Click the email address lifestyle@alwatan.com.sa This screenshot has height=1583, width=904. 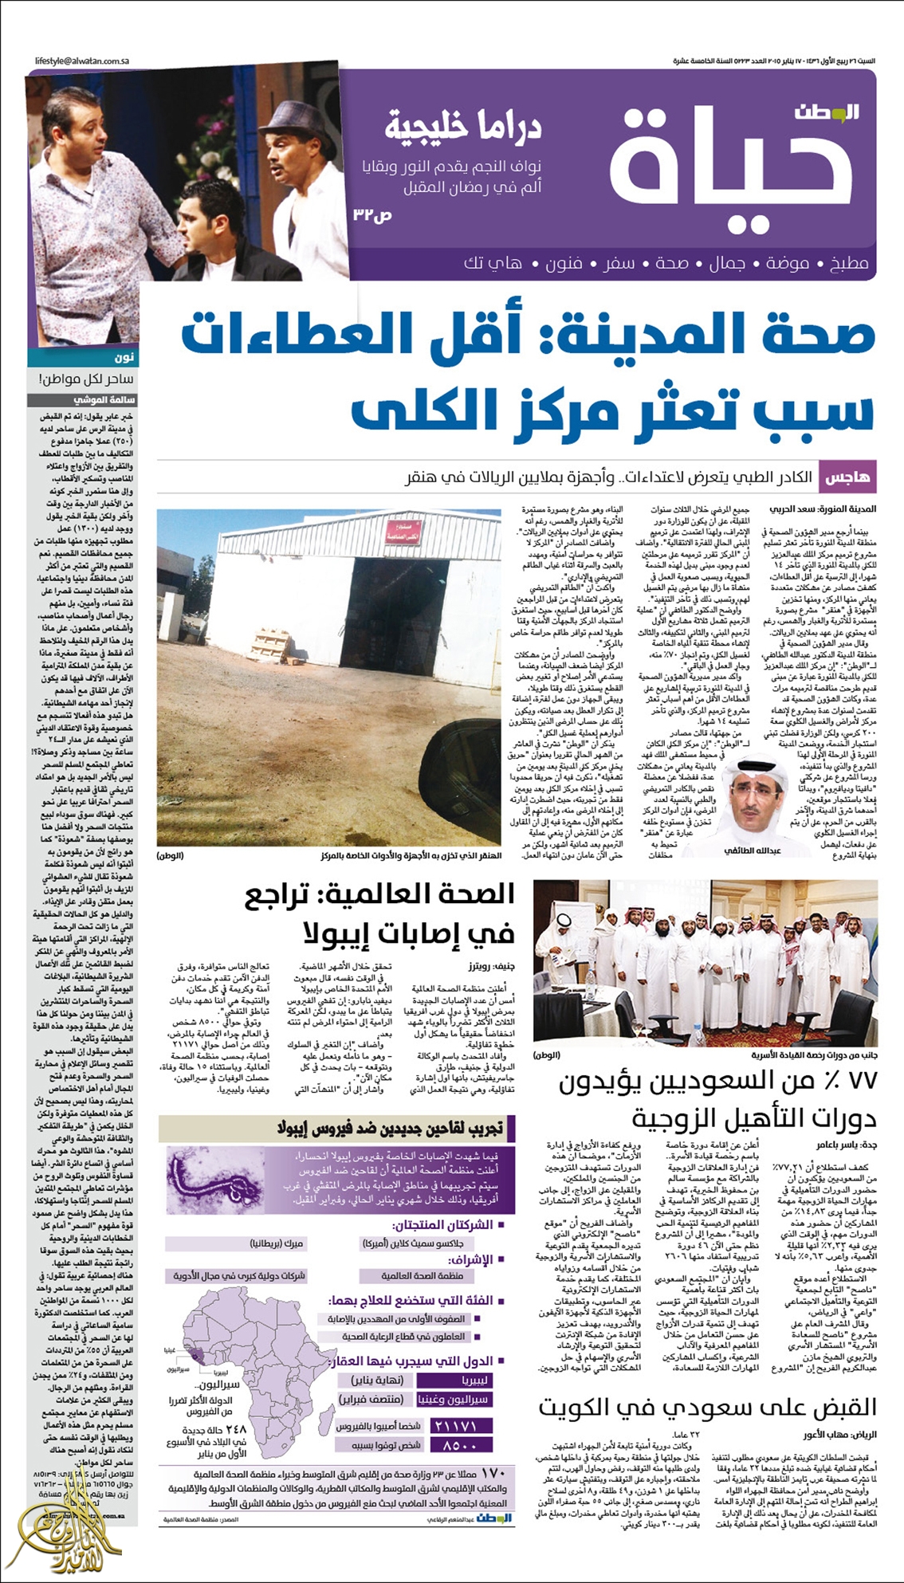click(83, 61)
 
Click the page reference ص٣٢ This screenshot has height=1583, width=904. click(372, 215)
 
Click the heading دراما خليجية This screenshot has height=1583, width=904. click(464, 126)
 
